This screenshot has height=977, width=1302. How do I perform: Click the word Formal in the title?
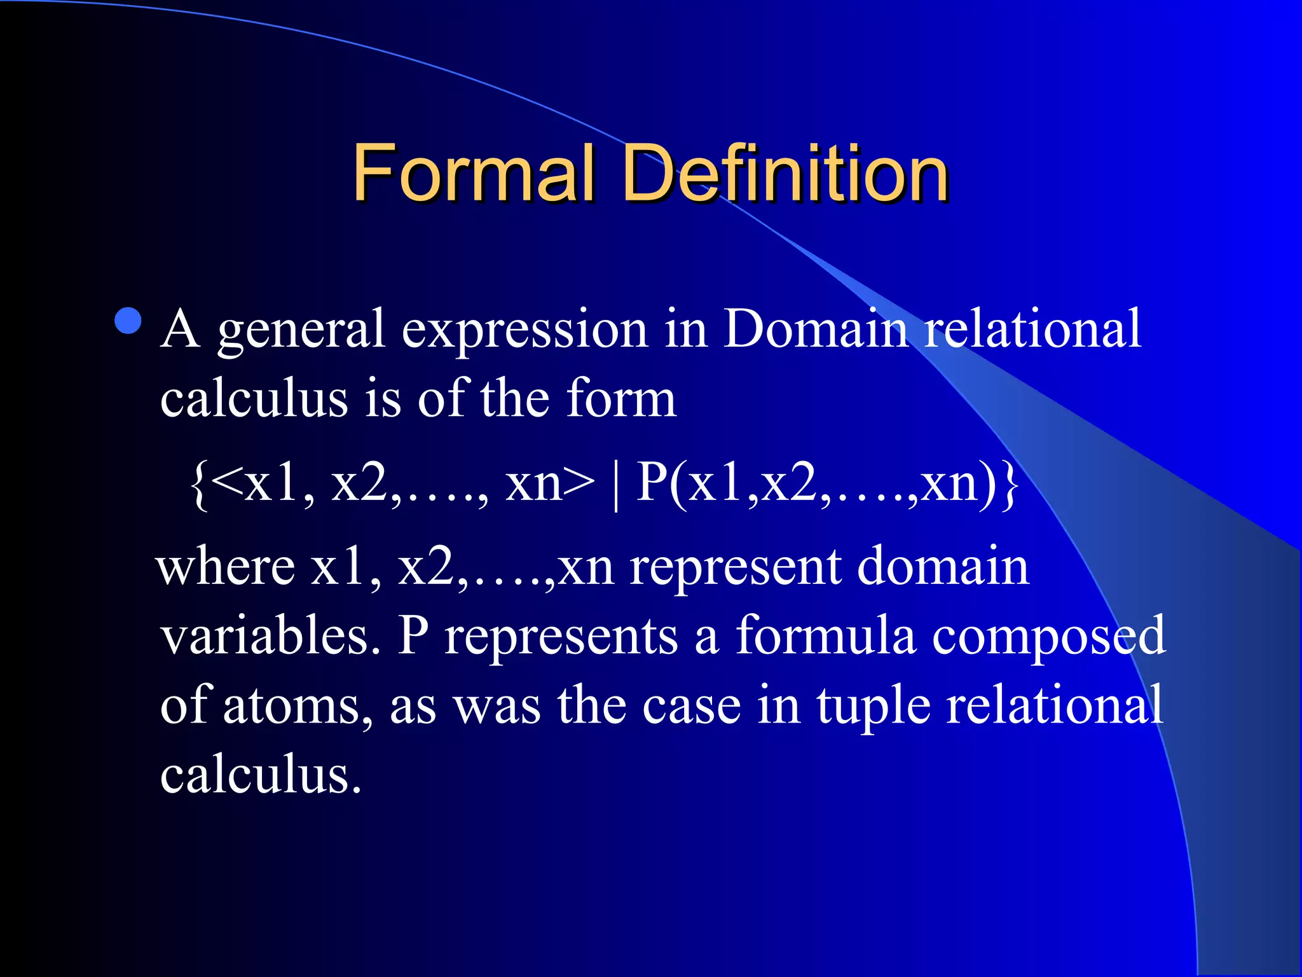[x=474, y=172]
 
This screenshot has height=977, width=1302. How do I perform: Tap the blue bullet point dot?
[x=129, y=321]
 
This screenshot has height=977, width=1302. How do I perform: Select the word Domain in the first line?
[x=816, y=329]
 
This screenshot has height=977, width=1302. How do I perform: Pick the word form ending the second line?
[x=621, y=399]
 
